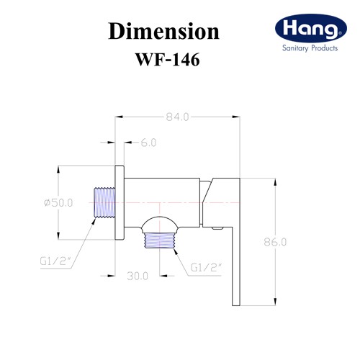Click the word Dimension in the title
click(x=163, y=31)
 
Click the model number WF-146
click(x=168, y=60)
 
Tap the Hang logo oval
click(x=311, y=28)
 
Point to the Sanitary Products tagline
click(x=310, y=48)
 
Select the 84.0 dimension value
click(x=177, y=117)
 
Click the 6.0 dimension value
click(x=148, y=143)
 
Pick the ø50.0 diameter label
click(x=58, y=203)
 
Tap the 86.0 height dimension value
click(x=275, y=242)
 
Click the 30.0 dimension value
click(x=138, y=276)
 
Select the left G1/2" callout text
click(x=56, y=261)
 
